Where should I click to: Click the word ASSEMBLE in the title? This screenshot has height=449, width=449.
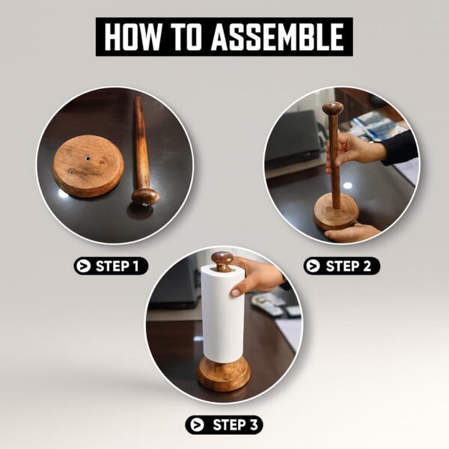(277, 37)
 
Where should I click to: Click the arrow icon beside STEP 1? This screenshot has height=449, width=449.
(84, 266)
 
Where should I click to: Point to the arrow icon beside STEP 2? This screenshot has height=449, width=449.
(314, 266)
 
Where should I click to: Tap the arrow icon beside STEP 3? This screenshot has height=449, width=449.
(198, 425)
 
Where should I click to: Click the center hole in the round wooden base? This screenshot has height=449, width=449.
(88, 158)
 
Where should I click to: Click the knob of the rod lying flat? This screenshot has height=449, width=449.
(145, 196)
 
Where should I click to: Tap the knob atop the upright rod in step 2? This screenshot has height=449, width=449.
(332, 108)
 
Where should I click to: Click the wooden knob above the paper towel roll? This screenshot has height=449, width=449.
(222, 260)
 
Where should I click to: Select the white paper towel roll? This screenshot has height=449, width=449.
(222, 314)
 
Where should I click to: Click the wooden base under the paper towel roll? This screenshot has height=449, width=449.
(224, 374)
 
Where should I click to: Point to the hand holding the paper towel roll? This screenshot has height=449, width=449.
(255, 276)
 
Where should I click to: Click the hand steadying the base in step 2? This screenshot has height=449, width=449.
(352, 233)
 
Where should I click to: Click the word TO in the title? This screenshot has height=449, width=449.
(186, 37)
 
